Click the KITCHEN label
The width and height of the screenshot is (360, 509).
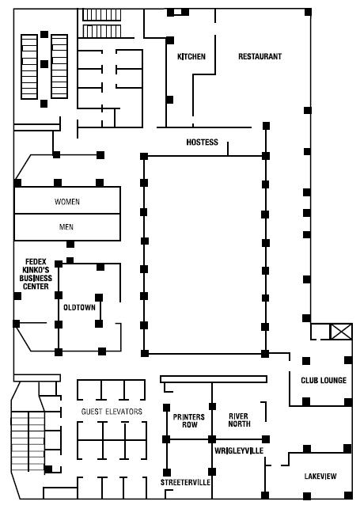point(191,56)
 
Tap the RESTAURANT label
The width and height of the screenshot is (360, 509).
point(260,56)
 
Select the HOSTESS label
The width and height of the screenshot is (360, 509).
point(202,142)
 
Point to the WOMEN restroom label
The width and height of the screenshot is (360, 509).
point(67,202)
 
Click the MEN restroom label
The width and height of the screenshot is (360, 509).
point(66,227)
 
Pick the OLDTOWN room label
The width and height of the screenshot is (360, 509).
point(79,307)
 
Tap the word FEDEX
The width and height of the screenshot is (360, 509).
point(36,262)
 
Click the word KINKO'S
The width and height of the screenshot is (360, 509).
point(36,270)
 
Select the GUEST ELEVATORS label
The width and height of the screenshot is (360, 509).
point(112,412)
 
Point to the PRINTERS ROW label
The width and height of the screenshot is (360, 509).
point(189,420)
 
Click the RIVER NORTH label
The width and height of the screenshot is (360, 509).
point(240,420)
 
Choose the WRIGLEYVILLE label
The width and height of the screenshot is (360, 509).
point(239,450)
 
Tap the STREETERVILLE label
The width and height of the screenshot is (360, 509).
point(185,482)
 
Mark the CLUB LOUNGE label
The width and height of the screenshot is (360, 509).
point(324,381)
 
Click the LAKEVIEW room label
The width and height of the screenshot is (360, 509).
point(320,477)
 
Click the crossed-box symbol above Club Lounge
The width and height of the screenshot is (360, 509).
point(340,332)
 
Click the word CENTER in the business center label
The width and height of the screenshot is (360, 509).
point(36,287)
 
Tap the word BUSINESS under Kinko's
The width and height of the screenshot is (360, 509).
point(36,278)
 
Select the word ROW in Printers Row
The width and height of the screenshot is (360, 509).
point(190,424)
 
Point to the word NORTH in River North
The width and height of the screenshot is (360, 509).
point(240,424)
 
